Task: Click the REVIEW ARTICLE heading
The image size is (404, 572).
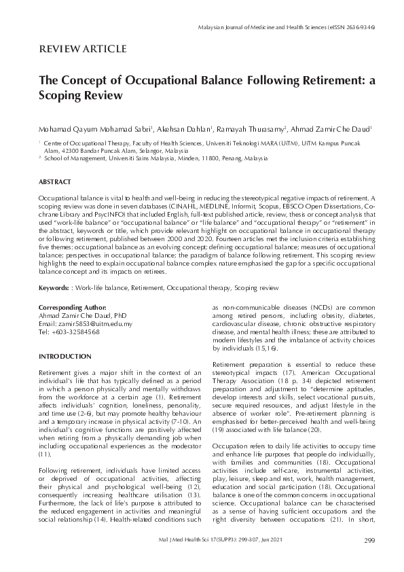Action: (x=82, y=48)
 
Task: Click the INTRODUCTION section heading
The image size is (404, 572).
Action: (x=65, y=356)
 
